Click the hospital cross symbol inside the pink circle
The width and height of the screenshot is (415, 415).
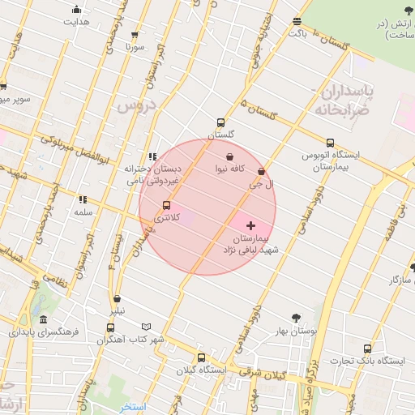(250, 225)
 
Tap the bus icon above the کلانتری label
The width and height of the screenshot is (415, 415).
(167, 205)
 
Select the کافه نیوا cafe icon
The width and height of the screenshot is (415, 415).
(230, 156)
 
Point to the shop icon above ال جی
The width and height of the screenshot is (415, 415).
(261, 172)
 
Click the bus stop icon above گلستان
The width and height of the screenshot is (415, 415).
(220, 122)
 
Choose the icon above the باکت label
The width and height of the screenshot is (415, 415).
(297, 22)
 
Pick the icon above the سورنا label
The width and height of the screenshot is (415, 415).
(135, 35)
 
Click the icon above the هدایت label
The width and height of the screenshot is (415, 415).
(76, 10)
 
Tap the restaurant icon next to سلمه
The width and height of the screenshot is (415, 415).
(83, 199)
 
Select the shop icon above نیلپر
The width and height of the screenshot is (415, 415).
(118, 299)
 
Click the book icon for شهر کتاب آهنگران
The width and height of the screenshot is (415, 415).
(146, 327)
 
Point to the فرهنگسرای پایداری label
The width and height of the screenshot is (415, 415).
(41, 332)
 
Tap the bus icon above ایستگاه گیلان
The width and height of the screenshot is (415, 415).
(202, 357)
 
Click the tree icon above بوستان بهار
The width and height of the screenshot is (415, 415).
(295, 319)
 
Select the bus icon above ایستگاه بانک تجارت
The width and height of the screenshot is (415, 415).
(367, 349)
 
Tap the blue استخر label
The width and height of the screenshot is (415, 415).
(130, 405)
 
